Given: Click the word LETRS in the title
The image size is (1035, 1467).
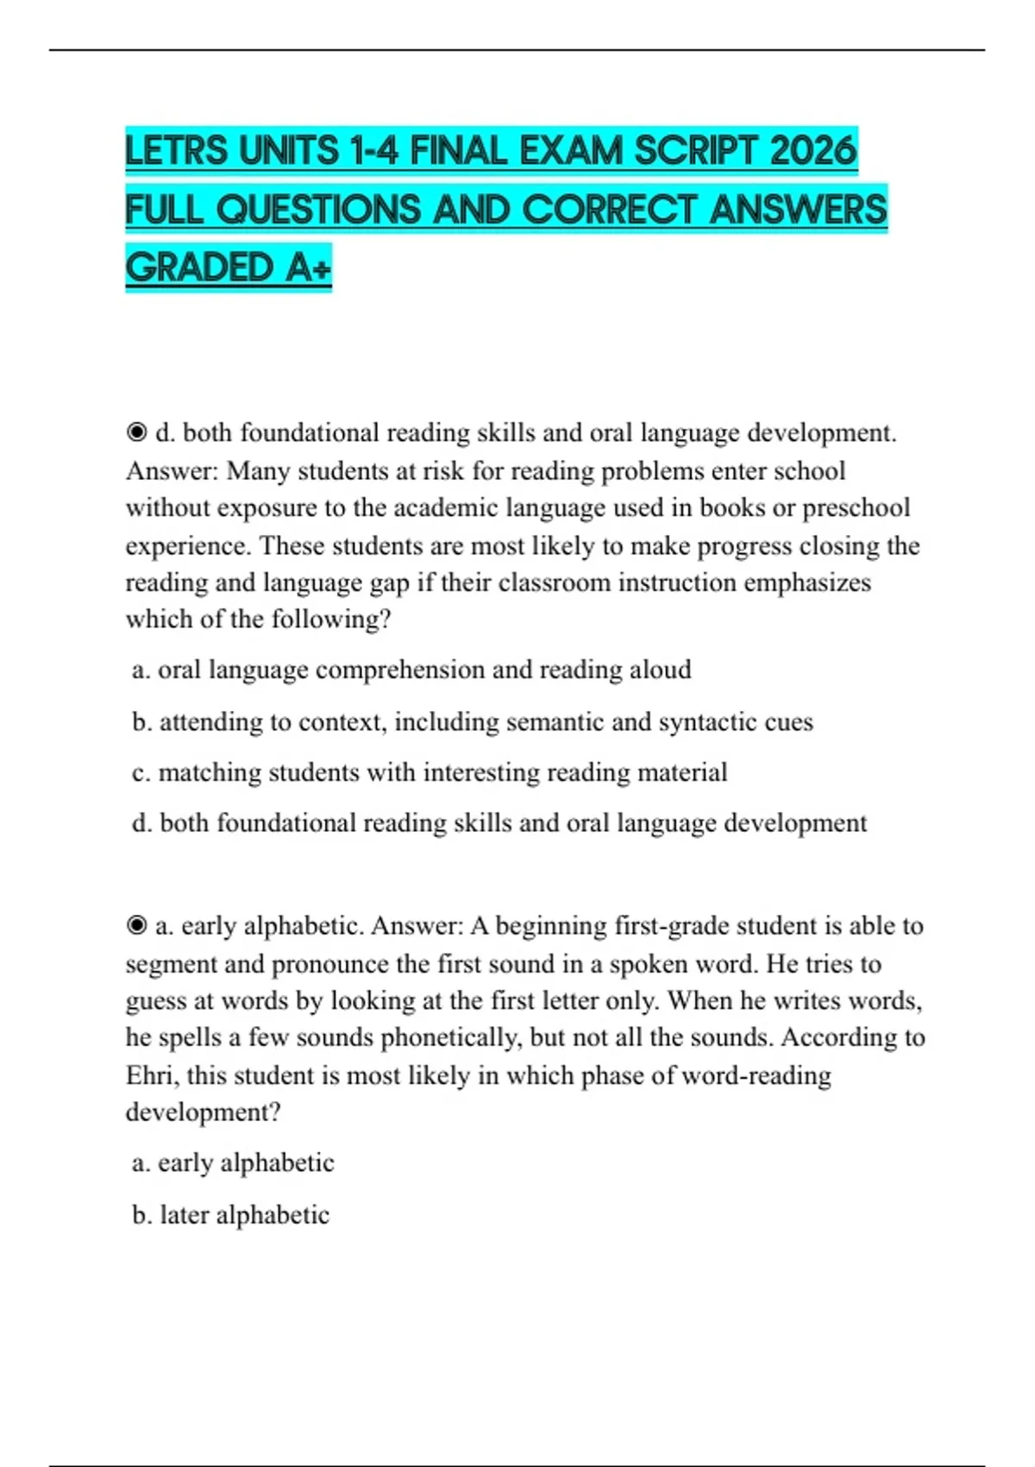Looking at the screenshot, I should click(x=179, y=152).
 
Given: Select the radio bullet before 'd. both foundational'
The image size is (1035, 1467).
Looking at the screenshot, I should click(x=136, y=432).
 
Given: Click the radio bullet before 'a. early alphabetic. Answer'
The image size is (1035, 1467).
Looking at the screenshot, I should click(x=136, y=926).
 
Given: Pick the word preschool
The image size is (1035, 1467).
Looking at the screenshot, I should click(x=856, y=507).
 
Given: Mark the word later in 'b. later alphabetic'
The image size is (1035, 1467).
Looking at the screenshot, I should click(x=185, y=1215).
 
